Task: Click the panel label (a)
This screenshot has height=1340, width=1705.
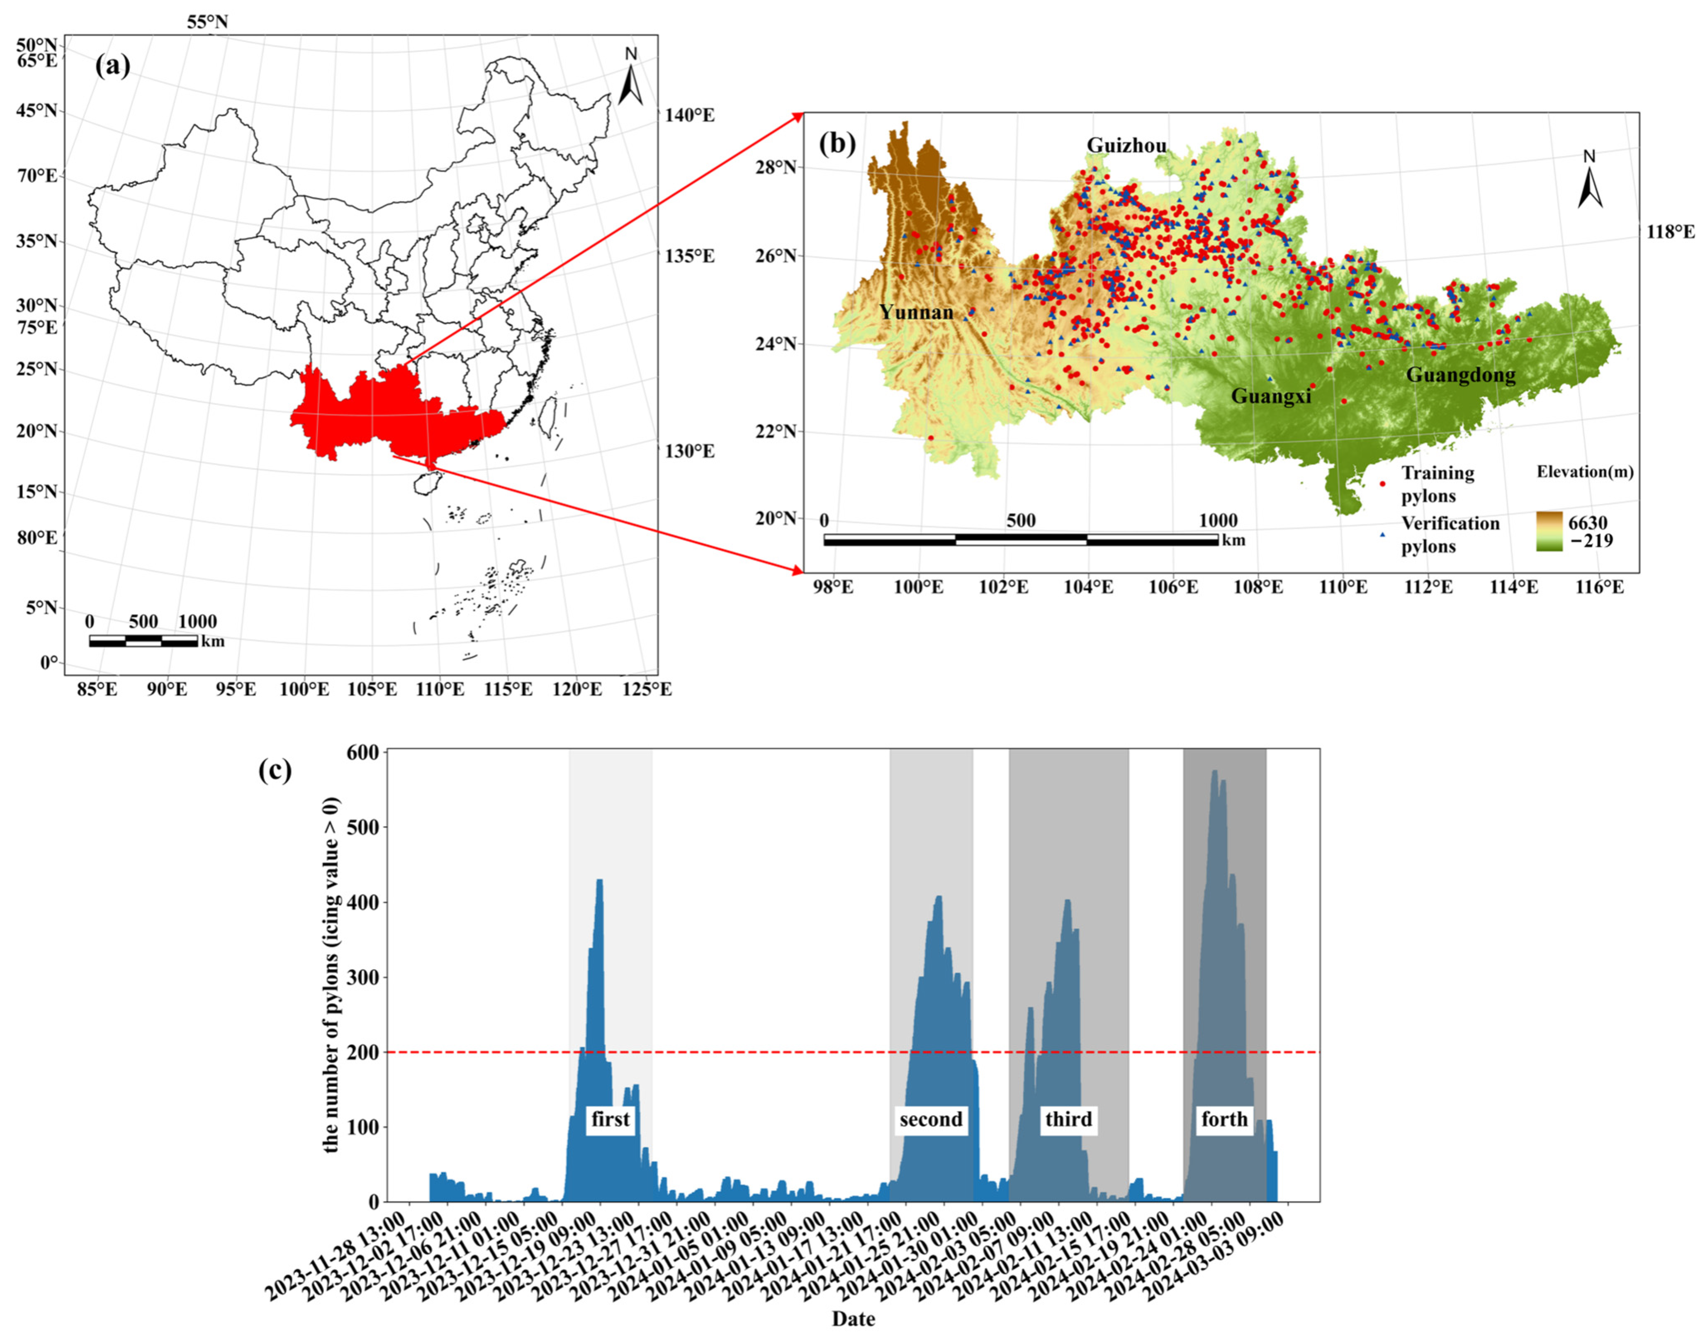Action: [x=113, y=66]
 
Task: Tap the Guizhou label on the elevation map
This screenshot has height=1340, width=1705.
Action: [x=1126, y=145]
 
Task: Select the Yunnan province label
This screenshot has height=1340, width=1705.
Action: [x=916, y=312]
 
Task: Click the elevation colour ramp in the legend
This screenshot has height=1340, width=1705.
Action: [x=1549, y=530]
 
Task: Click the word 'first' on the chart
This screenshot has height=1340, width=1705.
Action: [x=610, y=1119]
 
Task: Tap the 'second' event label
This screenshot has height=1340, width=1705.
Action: [x=931, y=1119]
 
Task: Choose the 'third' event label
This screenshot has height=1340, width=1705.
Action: [x=1068, y=1119]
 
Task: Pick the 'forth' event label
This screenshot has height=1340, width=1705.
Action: [x=1224, y=1119]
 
